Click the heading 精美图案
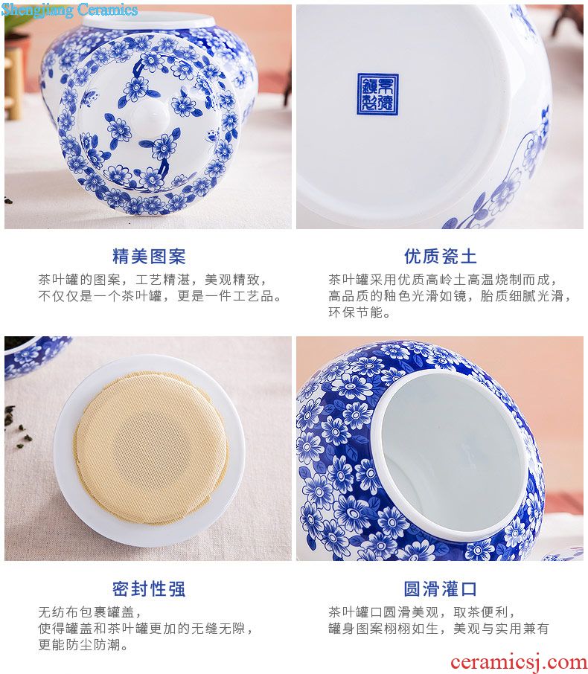pyautogui.click(x=149, y=256)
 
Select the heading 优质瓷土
pyautogui.click(x=440, y=256)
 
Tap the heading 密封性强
pyautogui.click(x=149, y=589)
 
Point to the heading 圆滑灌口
pyautogui.click(x=440, y=589)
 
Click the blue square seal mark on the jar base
pyautogui.click(x=378, y=94)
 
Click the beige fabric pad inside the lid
pyautogui.click(x=150, y=448)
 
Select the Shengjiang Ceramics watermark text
pyautogui.click(x=69, y=10)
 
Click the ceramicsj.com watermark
pyautogui.click(x=518, y=662)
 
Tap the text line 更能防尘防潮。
pyautogui.click(x=83, y=645)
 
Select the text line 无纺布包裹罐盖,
pyautogui.click(x=89, y=612)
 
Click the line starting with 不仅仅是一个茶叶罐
pyautogui.click(x=159, y=296)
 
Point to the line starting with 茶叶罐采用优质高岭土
pyautogui.click(x=442, y=280)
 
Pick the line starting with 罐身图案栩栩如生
pyautogui.click(x=438, y=629)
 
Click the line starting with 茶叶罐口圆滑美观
pyautogui.click(x=421, y=612)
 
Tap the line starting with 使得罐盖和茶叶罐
pyautogui.click(x=145, y=629)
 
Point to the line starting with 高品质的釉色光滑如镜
pyautogui.click(x=450, y=296)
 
